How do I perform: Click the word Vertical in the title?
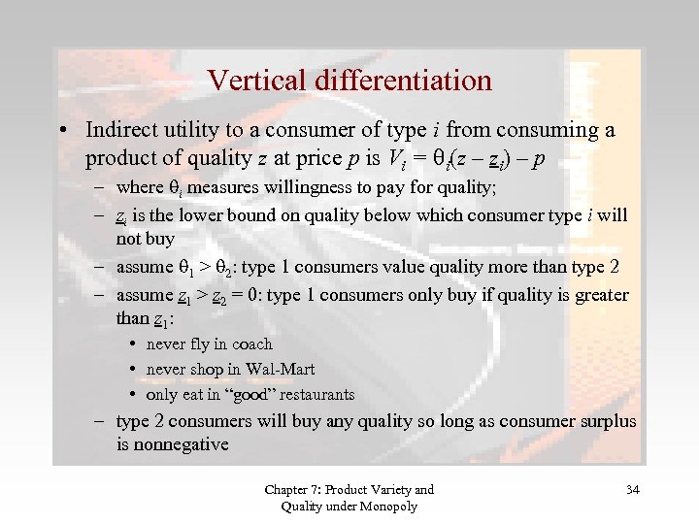click(255, 80)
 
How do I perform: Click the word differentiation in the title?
click(403, 80)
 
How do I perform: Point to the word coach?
click(251, 344)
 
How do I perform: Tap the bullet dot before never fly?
click(133, 344)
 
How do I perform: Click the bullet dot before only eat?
click(133, 395)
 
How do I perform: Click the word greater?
click(601, 294)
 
